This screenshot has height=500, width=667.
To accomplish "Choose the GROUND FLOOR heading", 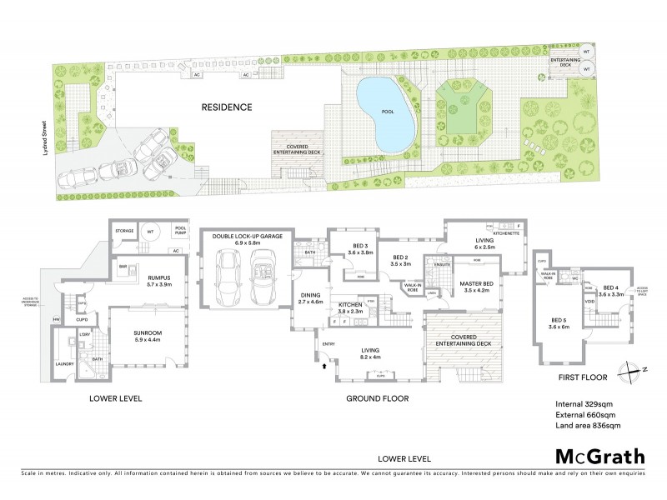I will click(x=381, y=399).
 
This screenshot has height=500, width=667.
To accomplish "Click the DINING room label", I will click(x=308, y=296).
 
